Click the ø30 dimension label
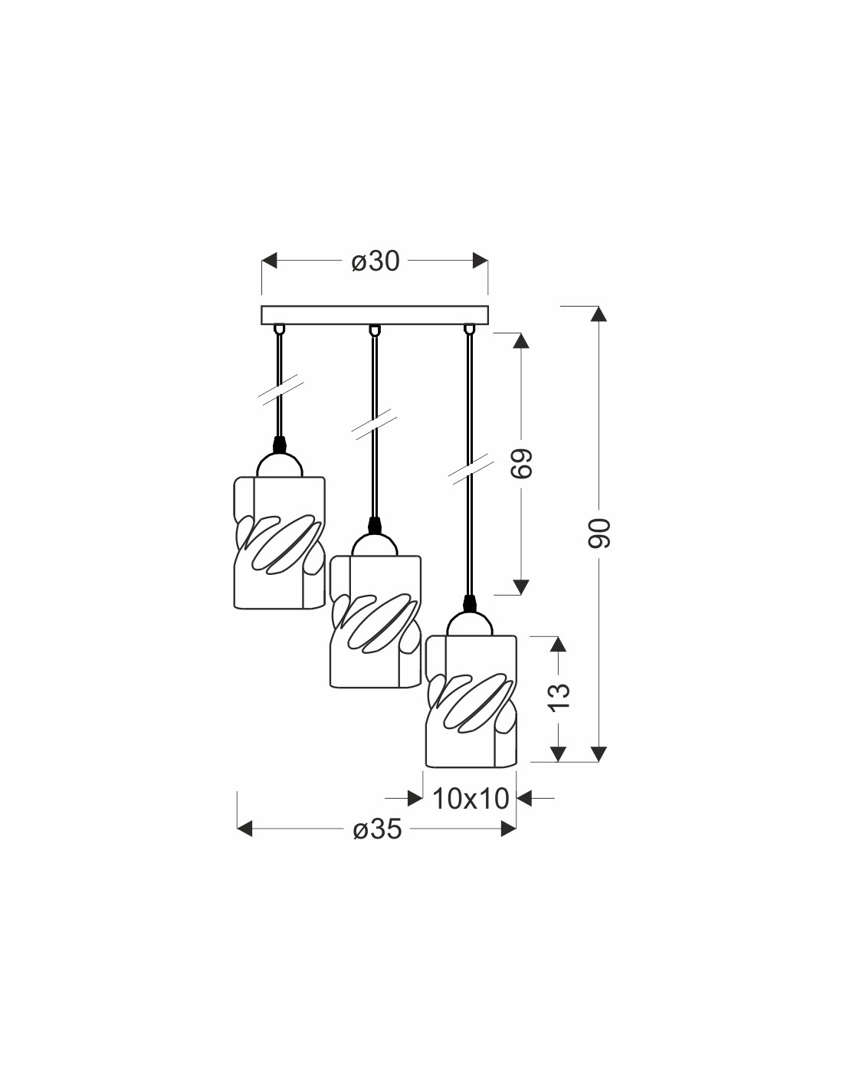pos(375,261)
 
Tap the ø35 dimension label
pos(377,829)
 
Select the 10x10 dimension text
pos(471,799)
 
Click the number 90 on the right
pos(599,534)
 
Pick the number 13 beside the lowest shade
pos(559,697)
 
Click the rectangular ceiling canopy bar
pos(375,314)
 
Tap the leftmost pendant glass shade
pos(280,543)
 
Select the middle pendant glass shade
pos(375,622)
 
